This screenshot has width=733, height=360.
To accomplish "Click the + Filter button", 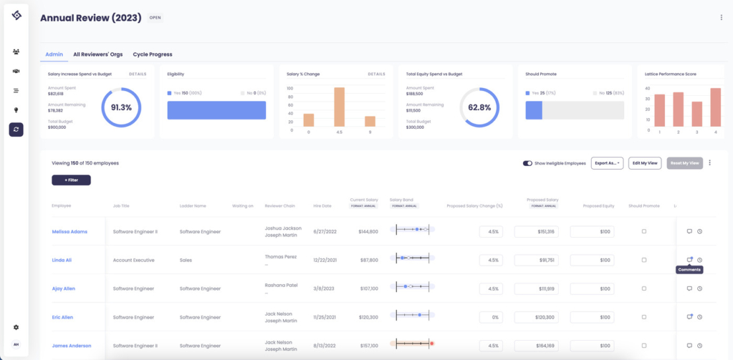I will point(71,180).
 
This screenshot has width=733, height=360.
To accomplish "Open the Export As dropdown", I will point(607,163).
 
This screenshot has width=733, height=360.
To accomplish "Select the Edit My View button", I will point(645,163).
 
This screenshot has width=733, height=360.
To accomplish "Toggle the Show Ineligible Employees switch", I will point(528,163).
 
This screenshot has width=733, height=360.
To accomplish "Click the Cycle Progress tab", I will point(153,54).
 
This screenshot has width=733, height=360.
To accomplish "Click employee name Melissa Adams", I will point(69,232).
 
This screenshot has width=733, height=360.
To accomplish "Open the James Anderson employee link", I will point(71,346).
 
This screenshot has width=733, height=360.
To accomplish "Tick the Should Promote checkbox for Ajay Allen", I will point(644,289).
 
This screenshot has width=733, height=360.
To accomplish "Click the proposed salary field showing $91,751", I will point(536,260).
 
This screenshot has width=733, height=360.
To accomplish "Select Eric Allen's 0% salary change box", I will point(491,317).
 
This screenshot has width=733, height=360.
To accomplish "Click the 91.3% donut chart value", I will point(121,107).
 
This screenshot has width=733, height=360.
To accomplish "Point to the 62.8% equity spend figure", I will point(479,107).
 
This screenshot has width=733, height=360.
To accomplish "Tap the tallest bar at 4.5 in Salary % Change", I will point(339,107).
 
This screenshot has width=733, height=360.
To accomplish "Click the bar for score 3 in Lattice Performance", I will point(697,114).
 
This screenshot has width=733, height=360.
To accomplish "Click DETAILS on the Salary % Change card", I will point(376,74).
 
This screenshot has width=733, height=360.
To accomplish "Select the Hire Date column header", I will point(322,206).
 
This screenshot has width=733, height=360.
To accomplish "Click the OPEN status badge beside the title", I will point(155,18).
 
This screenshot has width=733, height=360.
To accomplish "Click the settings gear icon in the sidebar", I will point(17,327).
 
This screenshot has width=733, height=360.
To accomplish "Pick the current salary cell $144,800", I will point(368,232).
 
